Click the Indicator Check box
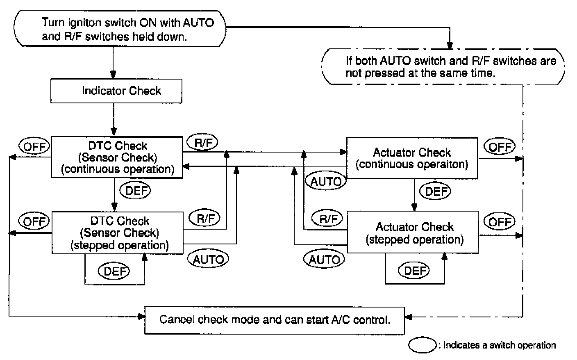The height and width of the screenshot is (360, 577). [116, 91]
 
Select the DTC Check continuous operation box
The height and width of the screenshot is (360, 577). [117, 157]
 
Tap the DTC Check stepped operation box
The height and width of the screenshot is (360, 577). [118, 233]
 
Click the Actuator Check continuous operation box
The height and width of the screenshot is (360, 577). [412, 158]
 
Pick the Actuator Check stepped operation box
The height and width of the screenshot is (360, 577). [413, 232]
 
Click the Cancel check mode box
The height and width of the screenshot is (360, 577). [275, 320]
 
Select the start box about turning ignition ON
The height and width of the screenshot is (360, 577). [120, 28]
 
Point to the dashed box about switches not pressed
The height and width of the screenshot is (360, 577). [443, 67]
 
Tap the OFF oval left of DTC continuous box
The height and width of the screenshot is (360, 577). [34, 146]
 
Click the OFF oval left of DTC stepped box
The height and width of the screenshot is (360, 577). [34, 221]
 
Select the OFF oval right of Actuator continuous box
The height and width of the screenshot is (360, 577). [500, 146]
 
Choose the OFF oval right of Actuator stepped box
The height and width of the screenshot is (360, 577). [500, 221]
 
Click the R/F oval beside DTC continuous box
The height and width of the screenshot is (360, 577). [202, 142]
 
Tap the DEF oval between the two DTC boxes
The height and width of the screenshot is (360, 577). [135, 191]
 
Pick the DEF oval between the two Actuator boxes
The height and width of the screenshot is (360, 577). [435, 191]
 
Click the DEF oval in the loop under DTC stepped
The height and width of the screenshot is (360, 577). [114, 271]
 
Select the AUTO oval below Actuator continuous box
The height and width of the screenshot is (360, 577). [326, 181]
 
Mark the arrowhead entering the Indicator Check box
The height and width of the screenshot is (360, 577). [113, 75]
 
